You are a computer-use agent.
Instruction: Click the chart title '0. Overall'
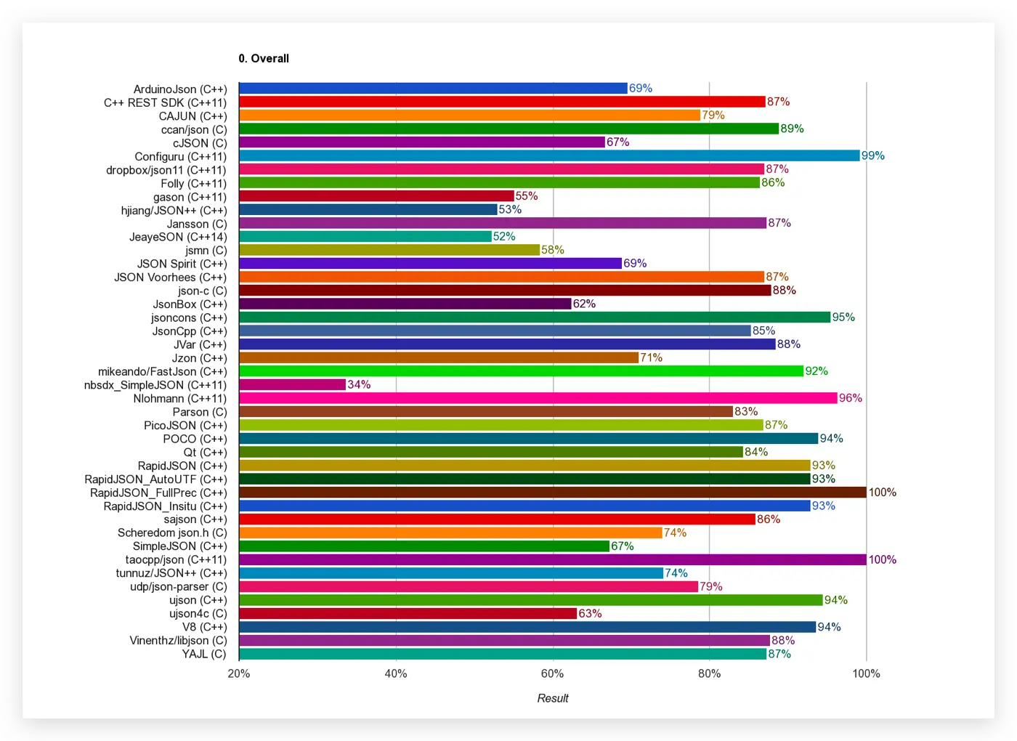(264, 59)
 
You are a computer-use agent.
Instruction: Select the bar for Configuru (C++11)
(548, 155)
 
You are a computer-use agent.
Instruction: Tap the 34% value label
(359, 384)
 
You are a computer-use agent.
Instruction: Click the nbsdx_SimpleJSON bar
(292, 384)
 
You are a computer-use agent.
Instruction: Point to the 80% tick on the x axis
(710, 673)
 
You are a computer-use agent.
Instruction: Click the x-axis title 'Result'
(553, 698)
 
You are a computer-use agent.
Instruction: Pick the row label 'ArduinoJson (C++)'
(180, 89)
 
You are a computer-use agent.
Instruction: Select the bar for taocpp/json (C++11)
(552, 559)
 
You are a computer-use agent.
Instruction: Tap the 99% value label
(873, 155)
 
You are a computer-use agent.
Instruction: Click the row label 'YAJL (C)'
(204, 654)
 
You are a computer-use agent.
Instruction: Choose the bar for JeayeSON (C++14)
(365, 236)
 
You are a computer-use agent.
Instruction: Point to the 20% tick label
(239, 673)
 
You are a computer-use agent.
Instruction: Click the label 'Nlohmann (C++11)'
(180, 399)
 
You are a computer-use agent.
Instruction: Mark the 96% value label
(851, 398)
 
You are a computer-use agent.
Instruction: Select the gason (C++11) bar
(376, 196)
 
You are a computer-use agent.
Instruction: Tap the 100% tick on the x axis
(867, 673)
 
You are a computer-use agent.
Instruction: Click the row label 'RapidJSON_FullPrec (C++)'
(158, 493)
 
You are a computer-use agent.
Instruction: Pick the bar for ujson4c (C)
(408, 613)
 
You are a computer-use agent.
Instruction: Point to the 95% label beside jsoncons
(843, 317)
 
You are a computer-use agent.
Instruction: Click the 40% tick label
(396, 673)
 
